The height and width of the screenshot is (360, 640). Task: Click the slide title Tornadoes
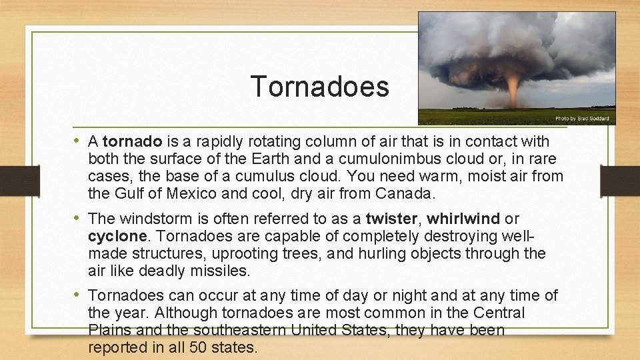click(319, 87)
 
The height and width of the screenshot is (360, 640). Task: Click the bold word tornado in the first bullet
click(133, 141)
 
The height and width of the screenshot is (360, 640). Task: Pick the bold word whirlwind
click(463, 219)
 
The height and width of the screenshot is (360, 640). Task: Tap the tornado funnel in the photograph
click(513, 90)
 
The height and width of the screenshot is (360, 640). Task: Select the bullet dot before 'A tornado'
click(80, 141)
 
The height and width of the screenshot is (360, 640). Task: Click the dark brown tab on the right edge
click(620, 180)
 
